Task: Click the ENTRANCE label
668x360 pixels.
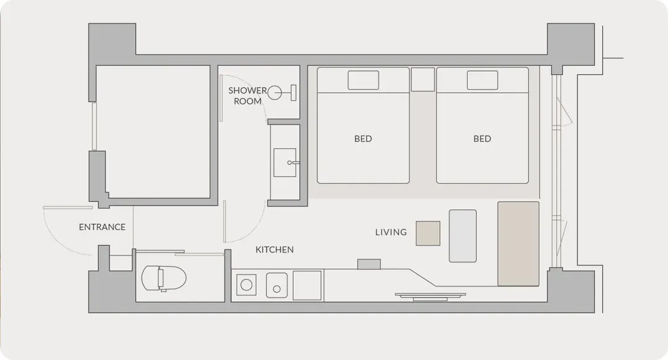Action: pyautogui.click(x=102, y=227)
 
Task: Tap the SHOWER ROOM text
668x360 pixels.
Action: pyautogui.click(x=247, y=96)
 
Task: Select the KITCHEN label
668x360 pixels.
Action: pyautogui.click(x=275, y=250)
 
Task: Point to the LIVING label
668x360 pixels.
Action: pyautogui.click(x=391, y=232)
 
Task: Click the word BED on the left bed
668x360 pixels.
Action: pyautogui.click(x=363, y=139)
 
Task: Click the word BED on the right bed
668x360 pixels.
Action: pyautogui.click(x=482, y=139)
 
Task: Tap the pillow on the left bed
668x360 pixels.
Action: pyautogui.click(x=364, y=80)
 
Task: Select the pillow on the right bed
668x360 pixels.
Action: pyautogui.click(x=482, y=80)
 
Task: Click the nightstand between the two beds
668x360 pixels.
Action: pyautogui.click(x=422, y=79)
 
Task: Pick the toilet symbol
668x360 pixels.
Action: pyautogui.click(x=164, y=278)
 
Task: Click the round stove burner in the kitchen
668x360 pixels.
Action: pyautogui.click(x=246, y=285)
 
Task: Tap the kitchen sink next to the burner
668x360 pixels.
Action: pyautogui.click(x=277, y=285)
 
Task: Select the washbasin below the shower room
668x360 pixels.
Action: pyautogui.click(x=285, y=162)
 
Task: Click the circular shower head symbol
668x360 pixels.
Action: pyautogui.click(x=275, y=92)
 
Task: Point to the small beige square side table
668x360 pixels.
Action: pyautogui.click(x=428, y=233)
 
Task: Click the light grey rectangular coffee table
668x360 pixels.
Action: pyautogui.click(x=463, y=236)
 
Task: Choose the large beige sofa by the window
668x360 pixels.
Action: pyautogui.click(x=518, y=244)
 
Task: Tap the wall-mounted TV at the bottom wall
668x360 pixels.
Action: pyautogui.click(x=430, y=296)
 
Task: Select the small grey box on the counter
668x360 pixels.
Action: pyautogui.click(x=369, y=264)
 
